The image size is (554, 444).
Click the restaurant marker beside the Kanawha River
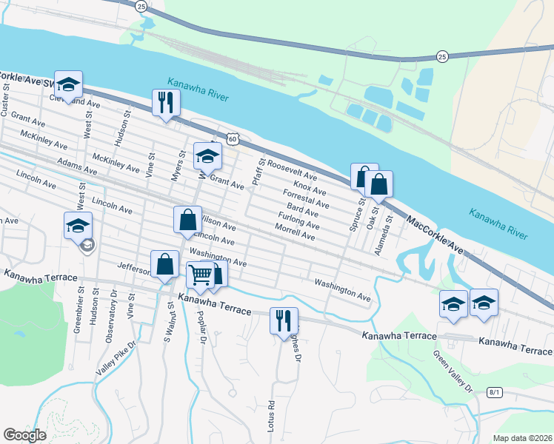point(165,102)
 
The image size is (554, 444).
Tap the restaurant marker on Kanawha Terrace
point(284,320)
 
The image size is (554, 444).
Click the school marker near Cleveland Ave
point(68,86)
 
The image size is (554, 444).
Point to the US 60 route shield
point(233,138)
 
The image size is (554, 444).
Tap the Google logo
point(24,435)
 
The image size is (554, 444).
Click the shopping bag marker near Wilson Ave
point(187,220)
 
